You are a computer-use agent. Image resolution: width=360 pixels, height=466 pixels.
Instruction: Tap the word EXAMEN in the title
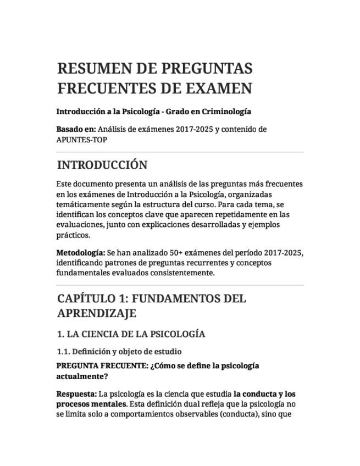220,88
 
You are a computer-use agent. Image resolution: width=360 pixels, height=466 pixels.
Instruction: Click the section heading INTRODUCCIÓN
102,165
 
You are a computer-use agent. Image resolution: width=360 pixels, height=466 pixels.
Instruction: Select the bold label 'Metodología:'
80,253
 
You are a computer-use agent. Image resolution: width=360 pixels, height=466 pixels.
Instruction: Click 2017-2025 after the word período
283,253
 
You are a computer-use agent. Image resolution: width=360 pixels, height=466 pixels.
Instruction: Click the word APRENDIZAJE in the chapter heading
97,313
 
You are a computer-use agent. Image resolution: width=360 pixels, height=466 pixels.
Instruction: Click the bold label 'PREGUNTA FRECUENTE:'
102,366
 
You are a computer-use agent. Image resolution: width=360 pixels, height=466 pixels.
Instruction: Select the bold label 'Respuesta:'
76,395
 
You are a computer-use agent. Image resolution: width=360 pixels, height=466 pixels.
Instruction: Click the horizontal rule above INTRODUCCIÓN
180,152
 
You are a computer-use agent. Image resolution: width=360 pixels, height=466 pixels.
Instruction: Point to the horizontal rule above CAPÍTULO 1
180,285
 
